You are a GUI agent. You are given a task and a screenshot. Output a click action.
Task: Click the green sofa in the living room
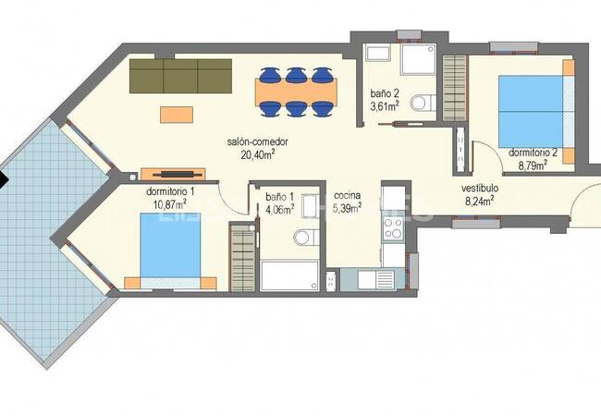pos(180,76)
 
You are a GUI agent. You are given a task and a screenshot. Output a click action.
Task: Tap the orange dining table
pos(296,91)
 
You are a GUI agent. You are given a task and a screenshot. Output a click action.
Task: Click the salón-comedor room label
pos(258,142)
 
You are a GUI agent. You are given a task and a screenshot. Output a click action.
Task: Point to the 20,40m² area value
pos(259,155)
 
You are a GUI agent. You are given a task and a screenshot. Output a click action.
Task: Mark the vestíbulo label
pos(481,186)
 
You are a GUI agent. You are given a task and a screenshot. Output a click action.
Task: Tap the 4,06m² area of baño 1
pos(279,209)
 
